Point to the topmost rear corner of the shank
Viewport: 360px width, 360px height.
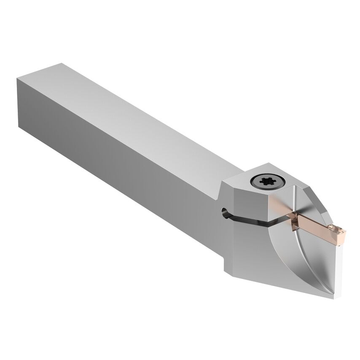coord(61,64)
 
